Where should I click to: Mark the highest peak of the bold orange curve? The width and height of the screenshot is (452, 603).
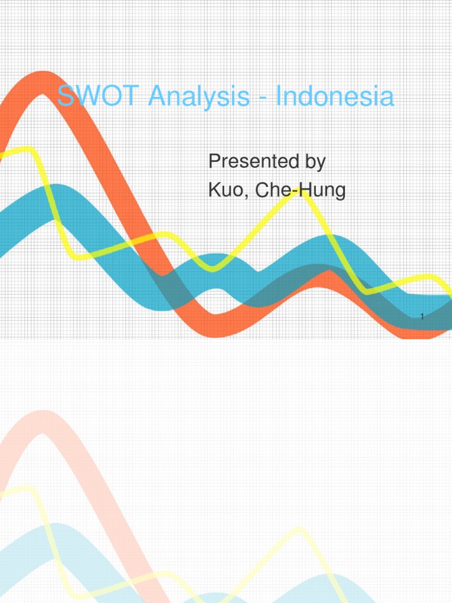pos(42,82)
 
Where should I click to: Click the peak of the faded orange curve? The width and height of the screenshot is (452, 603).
pos(42,422)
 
